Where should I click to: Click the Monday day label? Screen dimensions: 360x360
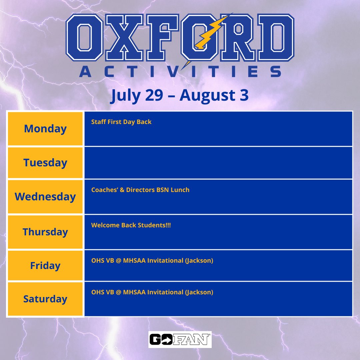click(x=45, y=129)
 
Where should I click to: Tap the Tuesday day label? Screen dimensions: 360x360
click(x=45, y=163)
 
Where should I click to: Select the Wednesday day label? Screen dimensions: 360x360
click(x=45, y=197)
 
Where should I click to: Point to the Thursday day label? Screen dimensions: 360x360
click(x=45, y=232)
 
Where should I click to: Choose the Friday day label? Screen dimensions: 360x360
click(x=45, y=266)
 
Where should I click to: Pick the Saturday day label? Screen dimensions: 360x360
click(x=45, y=299)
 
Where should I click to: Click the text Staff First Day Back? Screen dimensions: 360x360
click(x=121, y=122)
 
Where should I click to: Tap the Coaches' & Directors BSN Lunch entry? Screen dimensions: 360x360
click(x=140, y=190)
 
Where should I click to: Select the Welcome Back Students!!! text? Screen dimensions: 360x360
click(x=131, y=225)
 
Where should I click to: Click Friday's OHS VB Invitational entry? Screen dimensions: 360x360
click(x=152, y=261)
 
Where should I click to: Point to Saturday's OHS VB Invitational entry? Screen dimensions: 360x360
click(x=152, y=292)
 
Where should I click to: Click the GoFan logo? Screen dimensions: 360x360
click(x=180, y=339)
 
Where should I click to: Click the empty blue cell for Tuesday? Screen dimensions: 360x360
click(x=218, y=163)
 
